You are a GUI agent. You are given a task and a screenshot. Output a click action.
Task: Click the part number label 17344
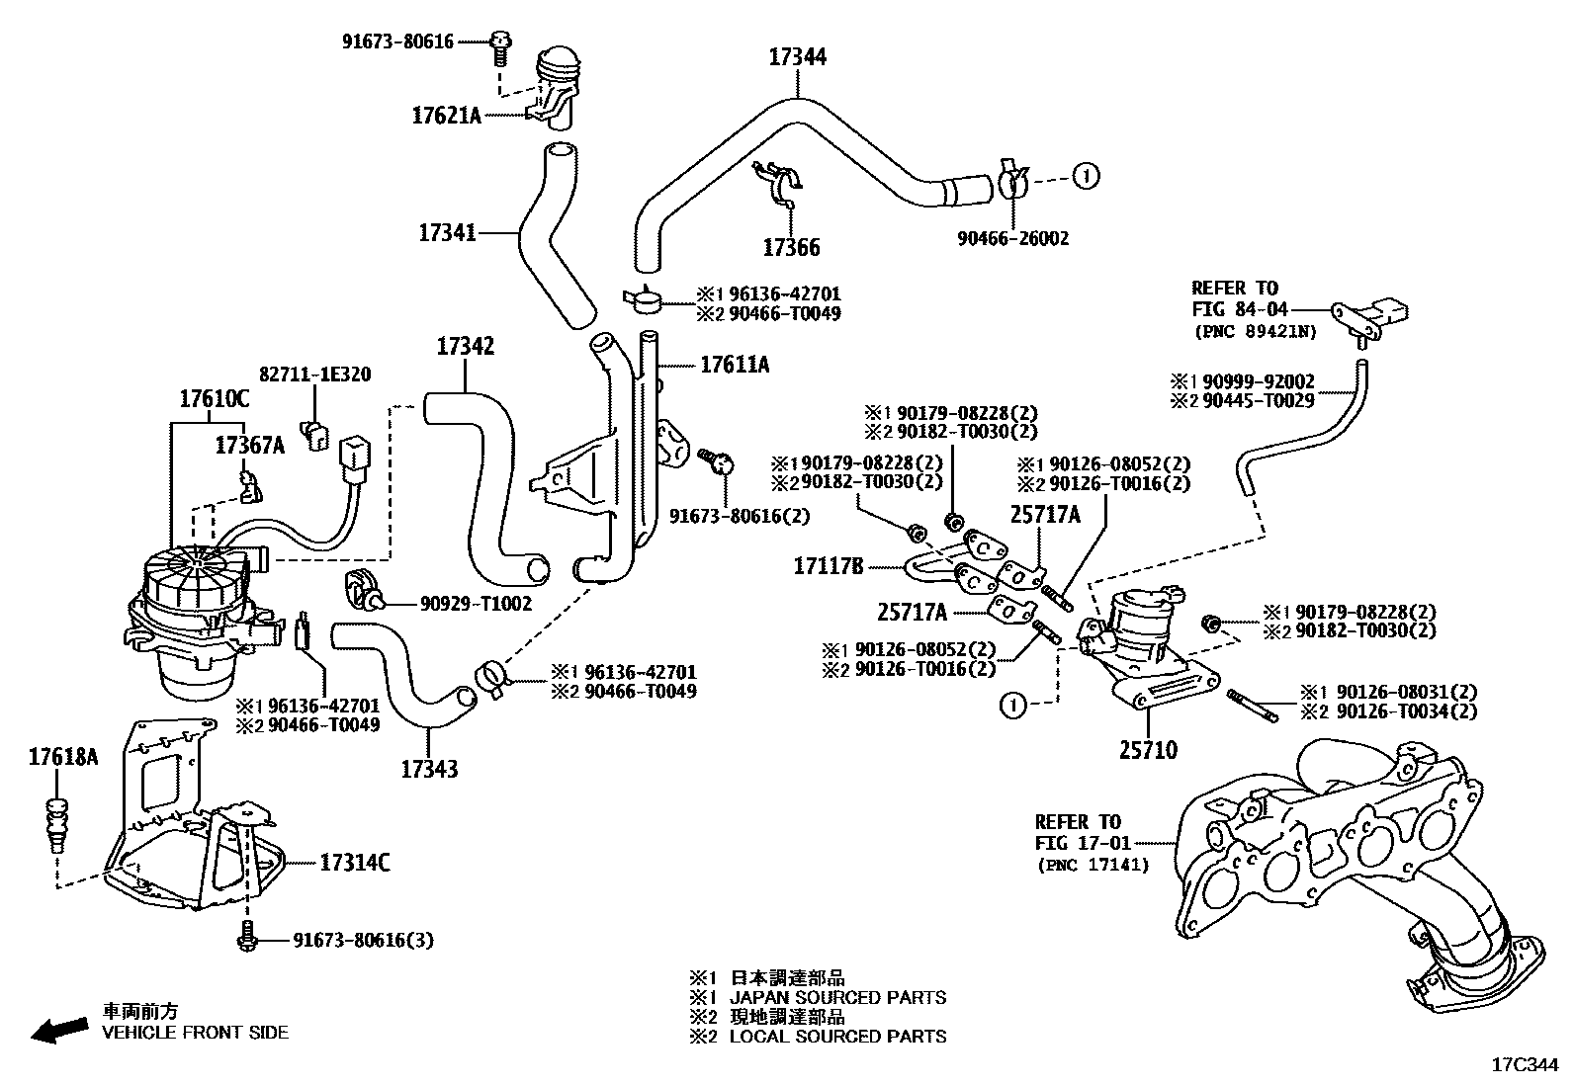coord(797,57)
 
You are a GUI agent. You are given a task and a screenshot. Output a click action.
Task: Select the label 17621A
coord(445,116)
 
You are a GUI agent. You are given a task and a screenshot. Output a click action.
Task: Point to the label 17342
coord(465,347)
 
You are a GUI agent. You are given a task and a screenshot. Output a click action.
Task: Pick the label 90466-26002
coord(1012,238)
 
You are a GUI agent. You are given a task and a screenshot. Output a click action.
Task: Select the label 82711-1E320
coord(314,375)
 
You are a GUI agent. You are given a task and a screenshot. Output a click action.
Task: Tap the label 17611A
coord(734,365)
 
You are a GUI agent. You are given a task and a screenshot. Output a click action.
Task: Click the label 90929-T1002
coord(475,604)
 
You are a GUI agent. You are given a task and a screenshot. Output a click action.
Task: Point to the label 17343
coord(429,768)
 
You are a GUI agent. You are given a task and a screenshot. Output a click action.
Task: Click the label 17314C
coord(354,863)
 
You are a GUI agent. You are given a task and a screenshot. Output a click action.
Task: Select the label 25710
coord(1148,751)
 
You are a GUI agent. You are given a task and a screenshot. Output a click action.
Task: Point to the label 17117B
coord(828,566)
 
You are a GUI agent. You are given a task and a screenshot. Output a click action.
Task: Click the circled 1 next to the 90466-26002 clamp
coord(1086,177)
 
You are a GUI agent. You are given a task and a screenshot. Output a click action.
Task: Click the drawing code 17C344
coord(1524,1065)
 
